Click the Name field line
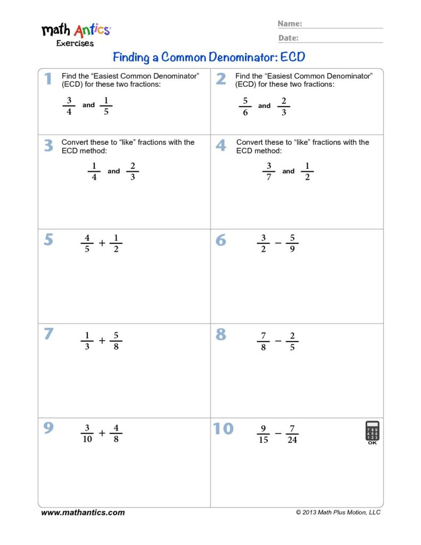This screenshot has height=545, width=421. tap(343, 27)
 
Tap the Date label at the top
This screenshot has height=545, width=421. tap(288, 38)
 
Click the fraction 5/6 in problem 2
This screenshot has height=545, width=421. tap(245, 106)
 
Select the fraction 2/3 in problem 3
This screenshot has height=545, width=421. tap(133, 171)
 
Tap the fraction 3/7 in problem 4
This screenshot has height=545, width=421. tap(269, 171)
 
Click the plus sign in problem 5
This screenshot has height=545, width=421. tap(102, 243)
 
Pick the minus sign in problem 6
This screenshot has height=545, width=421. tap(278, 243)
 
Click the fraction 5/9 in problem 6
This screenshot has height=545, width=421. tap(292, 243)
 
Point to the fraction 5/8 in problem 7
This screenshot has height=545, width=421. tap(115, 341)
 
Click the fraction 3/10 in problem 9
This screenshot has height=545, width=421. tap(87, 434)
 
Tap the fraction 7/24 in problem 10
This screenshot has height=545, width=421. tap(292, 434)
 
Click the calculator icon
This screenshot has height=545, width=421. tap(372, 432)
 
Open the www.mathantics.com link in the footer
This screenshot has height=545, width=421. tap(83, 513)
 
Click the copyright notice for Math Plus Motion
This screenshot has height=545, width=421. tap(338, 513)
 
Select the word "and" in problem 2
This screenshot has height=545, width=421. tap(265, 106)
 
